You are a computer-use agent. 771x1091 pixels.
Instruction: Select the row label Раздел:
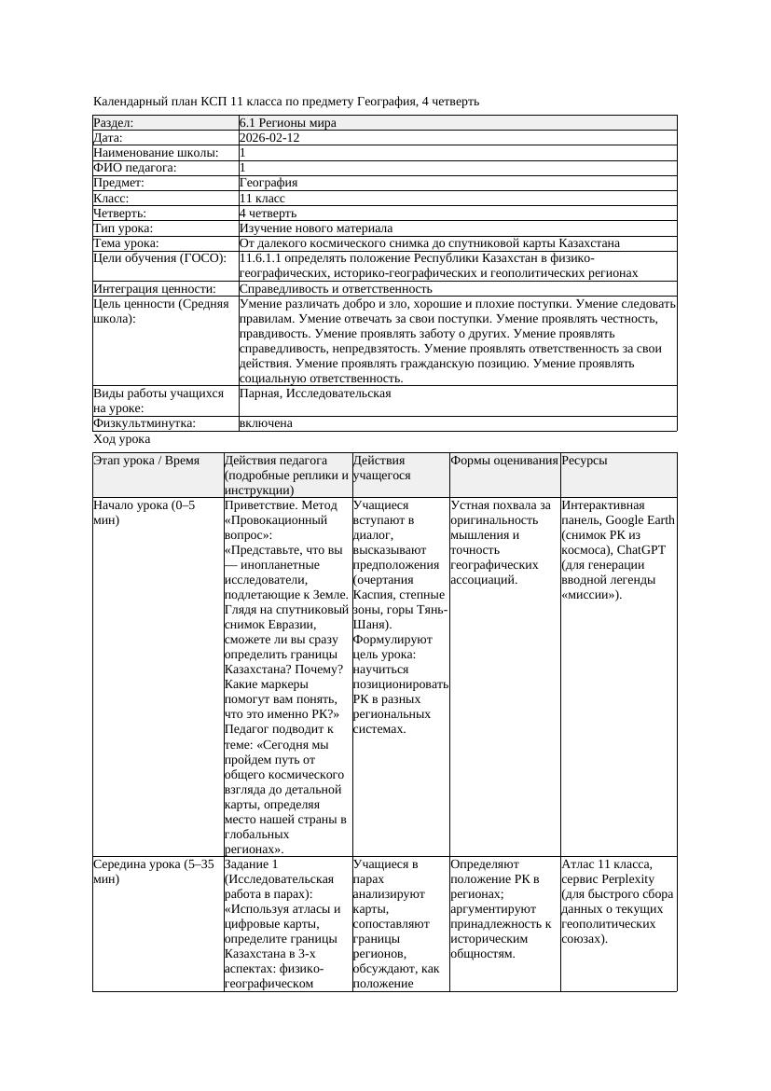point(114,123)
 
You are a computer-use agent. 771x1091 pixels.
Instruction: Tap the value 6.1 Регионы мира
point(287,123)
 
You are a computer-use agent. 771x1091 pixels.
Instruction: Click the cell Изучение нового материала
point(316,228)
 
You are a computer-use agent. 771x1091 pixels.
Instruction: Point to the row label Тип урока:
point(123,228)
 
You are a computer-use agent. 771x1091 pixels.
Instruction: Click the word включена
point(266,423)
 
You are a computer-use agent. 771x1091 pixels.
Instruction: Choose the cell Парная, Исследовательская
point(315,394)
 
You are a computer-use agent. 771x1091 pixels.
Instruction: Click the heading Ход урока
point(122,439)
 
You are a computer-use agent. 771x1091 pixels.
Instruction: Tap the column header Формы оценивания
point(503,461)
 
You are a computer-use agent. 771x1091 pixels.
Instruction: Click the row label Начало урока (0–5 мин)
point(145,513)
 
